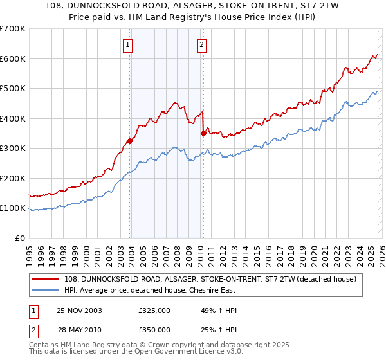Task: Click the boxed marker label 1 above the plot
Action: tap(128, 45)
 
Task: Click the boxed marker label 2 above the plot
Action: tap(201, 45)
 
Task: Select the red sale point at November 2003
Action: tap(130, 141)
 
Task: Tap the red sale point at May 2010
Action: tap(203, 134)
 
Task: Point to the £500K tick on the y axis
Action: tap(13, 89)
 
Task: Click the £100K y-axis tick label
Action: tap(13, 208)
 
